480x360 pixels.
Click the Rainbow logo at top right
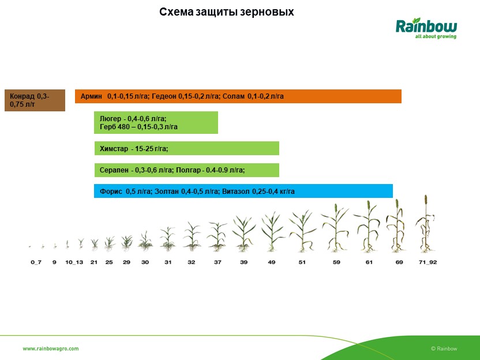click(426, 28)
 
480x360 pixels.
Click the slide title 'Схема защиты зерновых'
click(227, 12)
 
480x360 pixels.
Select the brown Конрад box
click(35, 100)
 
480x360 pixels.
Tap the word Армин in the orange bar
click(91, 96)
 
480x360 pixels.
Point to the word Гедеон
click(164, 96)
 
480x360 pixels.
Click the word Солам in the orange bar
click(234, 96)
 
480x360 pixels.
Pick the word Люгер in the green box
click(110, 118)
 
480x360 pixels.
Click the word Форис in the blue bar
click(111, 192)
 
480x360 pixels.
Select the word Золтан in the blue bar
click(167, 192)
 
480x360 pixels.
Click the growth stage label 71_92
click(427, 262)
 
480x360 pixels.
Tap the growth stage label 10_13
click(74, 262)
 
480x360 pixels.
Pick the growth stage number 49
click(272, 262)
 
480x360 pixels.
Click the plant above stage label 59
click(336, 228)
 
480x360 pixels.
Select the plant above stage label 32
click(192, 237)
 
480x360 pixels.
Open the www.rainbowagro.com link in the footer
click(51, 348)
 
